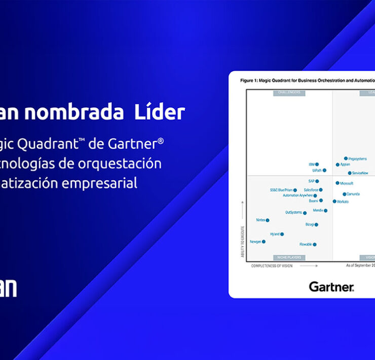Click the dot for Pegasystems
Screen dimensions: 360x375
click(346, 158)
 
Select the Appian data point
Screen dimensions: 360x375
click(337, 165)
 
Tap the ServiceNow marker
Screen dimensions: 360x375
click(350, 173)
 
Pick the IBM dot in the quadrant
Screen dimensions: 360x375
click(317, 164)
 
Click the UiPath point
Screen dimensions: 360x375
click(324, 170)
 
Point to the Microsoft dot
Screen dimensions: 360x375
click(337, 183)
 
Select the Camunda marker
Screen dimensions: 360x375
click(344, 194)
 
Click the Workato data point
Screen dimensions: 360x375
click(334, 201)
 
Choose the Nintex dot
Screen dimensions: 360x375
click(268, 220)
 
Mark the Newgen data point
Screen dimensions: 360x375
click(264, 242)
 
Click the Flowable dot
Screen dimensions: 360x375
click(315, 244)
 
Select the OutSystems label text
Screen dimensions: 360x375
click(293, 212)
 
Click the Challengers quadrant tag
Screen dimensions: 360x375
click(289, 93)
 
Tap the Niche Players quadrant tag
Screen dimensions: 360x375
click(289, 258)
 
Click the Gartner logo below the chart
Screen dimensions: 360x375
click(331, 287)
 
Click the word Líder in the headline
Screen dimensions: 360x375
click(160, 113)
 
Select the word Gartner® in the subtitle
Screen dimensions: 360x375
click(136, 145)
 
